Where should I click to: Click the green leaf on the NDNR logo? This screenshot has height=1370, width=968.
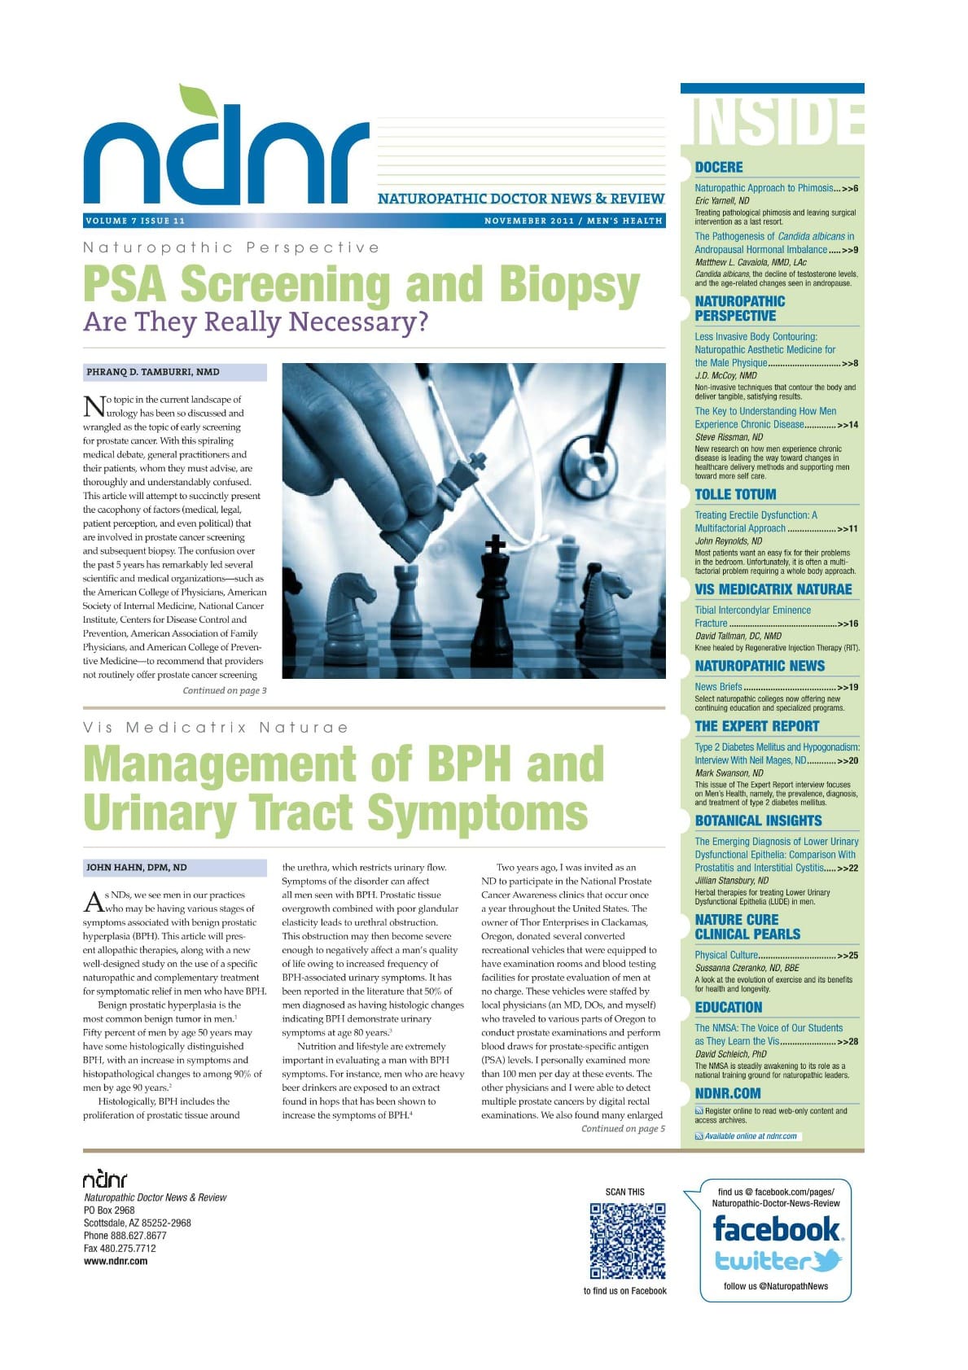pos(198,103)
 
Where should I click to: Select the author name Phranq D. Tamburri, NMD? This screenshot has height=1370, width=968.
pos(153,372)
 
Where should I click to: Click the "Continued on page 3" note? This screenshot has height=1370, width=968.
pos(224,691)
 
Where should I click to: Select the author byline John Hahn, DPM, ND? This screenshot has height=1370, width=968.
pos(137,868)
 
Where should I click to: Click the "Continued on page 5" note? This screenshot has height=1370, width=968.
pos(623,1129)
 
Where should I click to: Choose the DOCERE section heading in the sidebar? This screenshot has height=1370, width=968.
pos(719,168)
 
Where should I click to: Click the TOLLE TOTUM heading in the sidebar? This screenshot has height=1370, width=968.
pos(735,495)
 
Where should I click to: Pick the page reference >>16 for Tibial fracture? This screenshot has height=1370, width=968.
pos(848,624)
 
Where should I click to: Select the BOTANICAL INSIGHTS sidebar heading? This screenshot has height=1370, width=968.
pos(758,821)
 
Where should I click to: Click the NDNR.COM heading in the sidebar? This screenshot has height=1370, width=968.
pos(728,1093)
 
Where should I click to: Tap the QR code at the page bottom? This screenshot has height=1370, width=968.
pos(628,1241)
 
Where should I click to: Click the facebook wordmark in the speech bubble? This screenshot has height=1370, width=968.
pos(776,1228)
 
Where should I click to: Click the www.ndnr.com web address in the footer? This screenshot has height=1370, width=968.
pos(116,1262)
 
